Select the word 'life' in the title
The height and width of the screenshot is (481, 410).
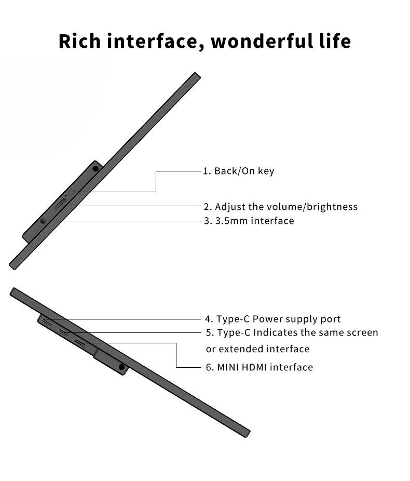334,41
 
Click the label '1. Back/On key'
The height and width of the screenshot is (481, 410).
238,171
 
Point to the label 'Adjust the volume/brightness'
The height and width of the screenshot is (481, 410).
286,207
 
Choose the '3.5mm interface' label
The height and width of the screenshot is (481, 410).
254,221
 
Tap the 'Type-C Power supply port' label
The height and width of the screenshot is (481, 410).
278,319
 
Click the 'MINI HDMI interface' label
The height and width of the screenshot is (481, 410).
265,367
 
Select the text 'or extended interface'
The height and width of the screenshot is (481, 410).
257,349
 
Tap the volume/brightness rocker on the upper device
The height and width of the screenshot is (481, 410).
60,204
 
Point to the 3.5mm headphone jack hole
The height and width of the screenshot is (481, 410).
43,221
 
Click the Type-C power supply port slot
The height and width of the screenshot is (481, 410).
47,322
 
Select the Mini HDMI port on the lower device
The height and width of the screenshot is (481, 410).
80,342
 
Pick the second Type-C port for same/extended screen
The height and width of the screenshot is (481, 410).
64,332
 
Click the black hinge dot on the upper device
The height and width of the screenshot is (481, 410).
96,168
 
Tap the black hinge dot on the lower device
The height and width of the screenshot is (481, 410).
121,367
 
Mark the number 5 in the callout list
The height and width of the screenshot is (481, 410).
209,332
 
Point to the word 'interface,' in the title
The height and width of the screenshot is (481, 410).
153,41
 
